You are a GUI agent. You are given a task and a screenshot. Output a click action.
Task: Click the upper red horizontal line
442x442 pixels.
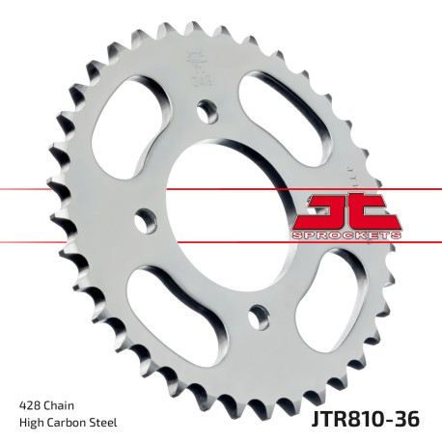click(58, 189)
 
